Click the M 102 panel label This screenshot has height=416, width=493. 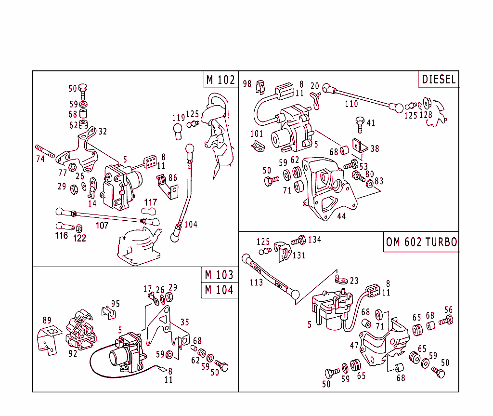[x=221, y=80]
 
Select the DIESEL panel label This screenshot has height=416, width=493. [x=439, y=80]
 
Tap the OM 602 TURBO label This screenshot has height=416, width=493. [x=421, y=242]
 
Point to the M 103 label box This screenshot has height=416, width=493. [x=219, y=275]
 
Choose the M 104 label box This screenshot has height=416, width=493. [x=219, y=290]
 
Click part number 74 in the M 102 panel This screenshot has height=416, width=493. [x=40, y=159]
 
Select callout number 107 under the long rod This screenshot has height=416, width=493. [x=102, y=226]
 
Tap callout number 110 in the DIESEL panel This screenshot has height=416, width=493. [x=351, y=104]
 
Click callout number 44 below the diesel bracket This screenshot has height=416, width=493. [x=341, y=216]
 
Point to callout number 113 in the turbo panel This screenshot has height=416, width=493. [x=256, y=282]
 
